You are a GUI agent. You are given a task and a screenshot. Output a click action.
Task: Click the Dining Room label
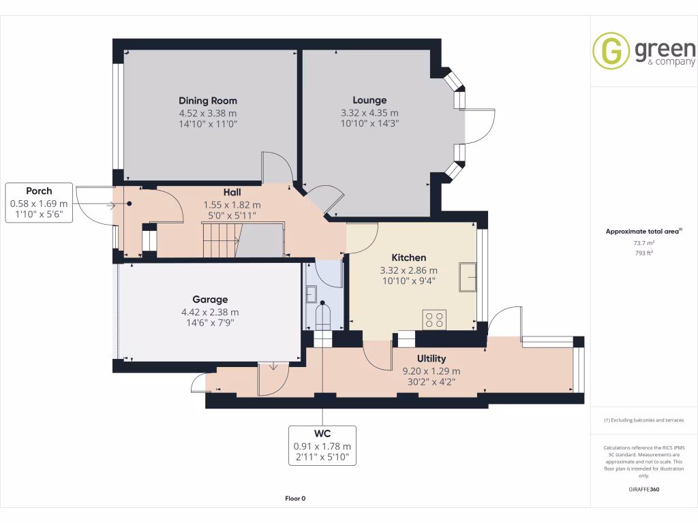(208, 101)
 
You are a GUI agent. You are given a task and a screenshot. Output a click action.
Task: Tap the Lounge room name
(369, 100)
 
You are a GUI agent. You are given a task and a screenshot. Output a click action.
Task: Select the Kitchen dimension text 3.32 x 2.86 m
(408, 270)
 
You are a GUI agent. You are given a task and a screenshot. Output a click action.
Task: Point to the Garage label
(209, 299)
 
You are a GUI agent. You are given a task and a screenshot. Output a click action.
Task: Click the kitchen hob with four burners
(435, 319)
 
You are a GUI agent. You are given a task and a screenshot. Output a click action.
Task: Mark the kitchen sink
(468, 276)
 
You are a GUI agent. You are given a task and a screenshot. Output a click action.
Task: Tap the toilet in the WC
(322, 318)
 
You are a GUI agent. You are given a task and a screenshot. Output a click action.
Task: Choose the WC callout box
(322, 445)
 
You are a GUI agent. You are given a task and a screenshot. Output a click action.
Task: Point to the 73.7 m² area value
(645, 242)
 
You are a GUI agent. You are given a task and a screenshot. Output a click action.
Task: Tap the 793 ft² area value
(645, 253)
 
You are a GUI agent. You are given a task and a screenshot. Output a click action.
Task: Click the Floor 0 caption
(295, 498)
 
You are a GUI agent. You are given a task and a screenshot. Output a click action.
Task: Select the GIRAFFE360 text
(644, 489)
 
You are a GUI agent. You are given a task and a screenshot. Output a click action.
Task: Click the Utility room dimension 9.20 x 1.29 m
(431, 371)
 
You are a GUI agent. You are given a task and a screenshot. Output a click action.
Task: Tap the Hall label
(232, 193)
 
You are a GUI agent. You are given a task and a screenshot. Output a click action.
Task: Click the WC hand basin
(311, 294)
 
